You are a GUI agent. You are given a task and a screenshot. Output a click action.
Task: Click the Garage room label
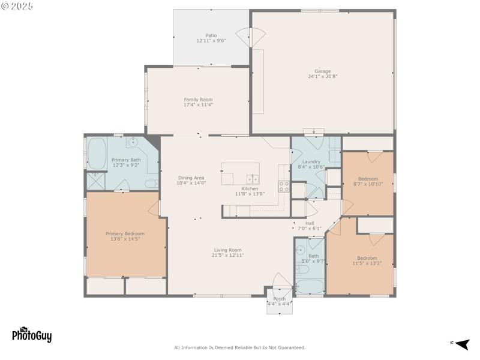click(x=323, y=71)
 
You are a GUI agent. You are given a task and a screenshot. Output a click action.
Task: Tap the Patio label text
click(x=211, y=35)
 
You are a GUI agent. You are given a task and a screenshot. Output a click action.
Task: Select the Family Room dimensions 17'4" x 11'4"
click(x=198, y=105)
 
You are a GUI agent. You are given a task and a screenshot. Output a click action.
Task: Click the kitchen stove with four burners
click(x=284, y=186)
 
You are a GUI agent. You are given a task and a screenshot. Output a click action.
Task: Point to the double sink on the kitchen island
click(x=253, y=178)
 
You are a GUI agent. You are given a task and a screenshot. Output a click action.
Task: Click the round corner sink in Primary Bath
click(x=133, y=143)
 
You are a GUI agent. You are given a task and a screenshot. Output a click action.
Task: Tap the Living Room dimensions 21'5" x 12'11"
click(x=228, y=255)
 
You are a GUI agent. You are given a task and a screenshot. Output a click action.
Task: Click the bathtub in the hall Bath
click(x=310, y=286)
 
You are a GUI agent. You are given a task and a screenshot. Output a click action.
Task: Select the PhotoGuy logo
click(x=32, y=334)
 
